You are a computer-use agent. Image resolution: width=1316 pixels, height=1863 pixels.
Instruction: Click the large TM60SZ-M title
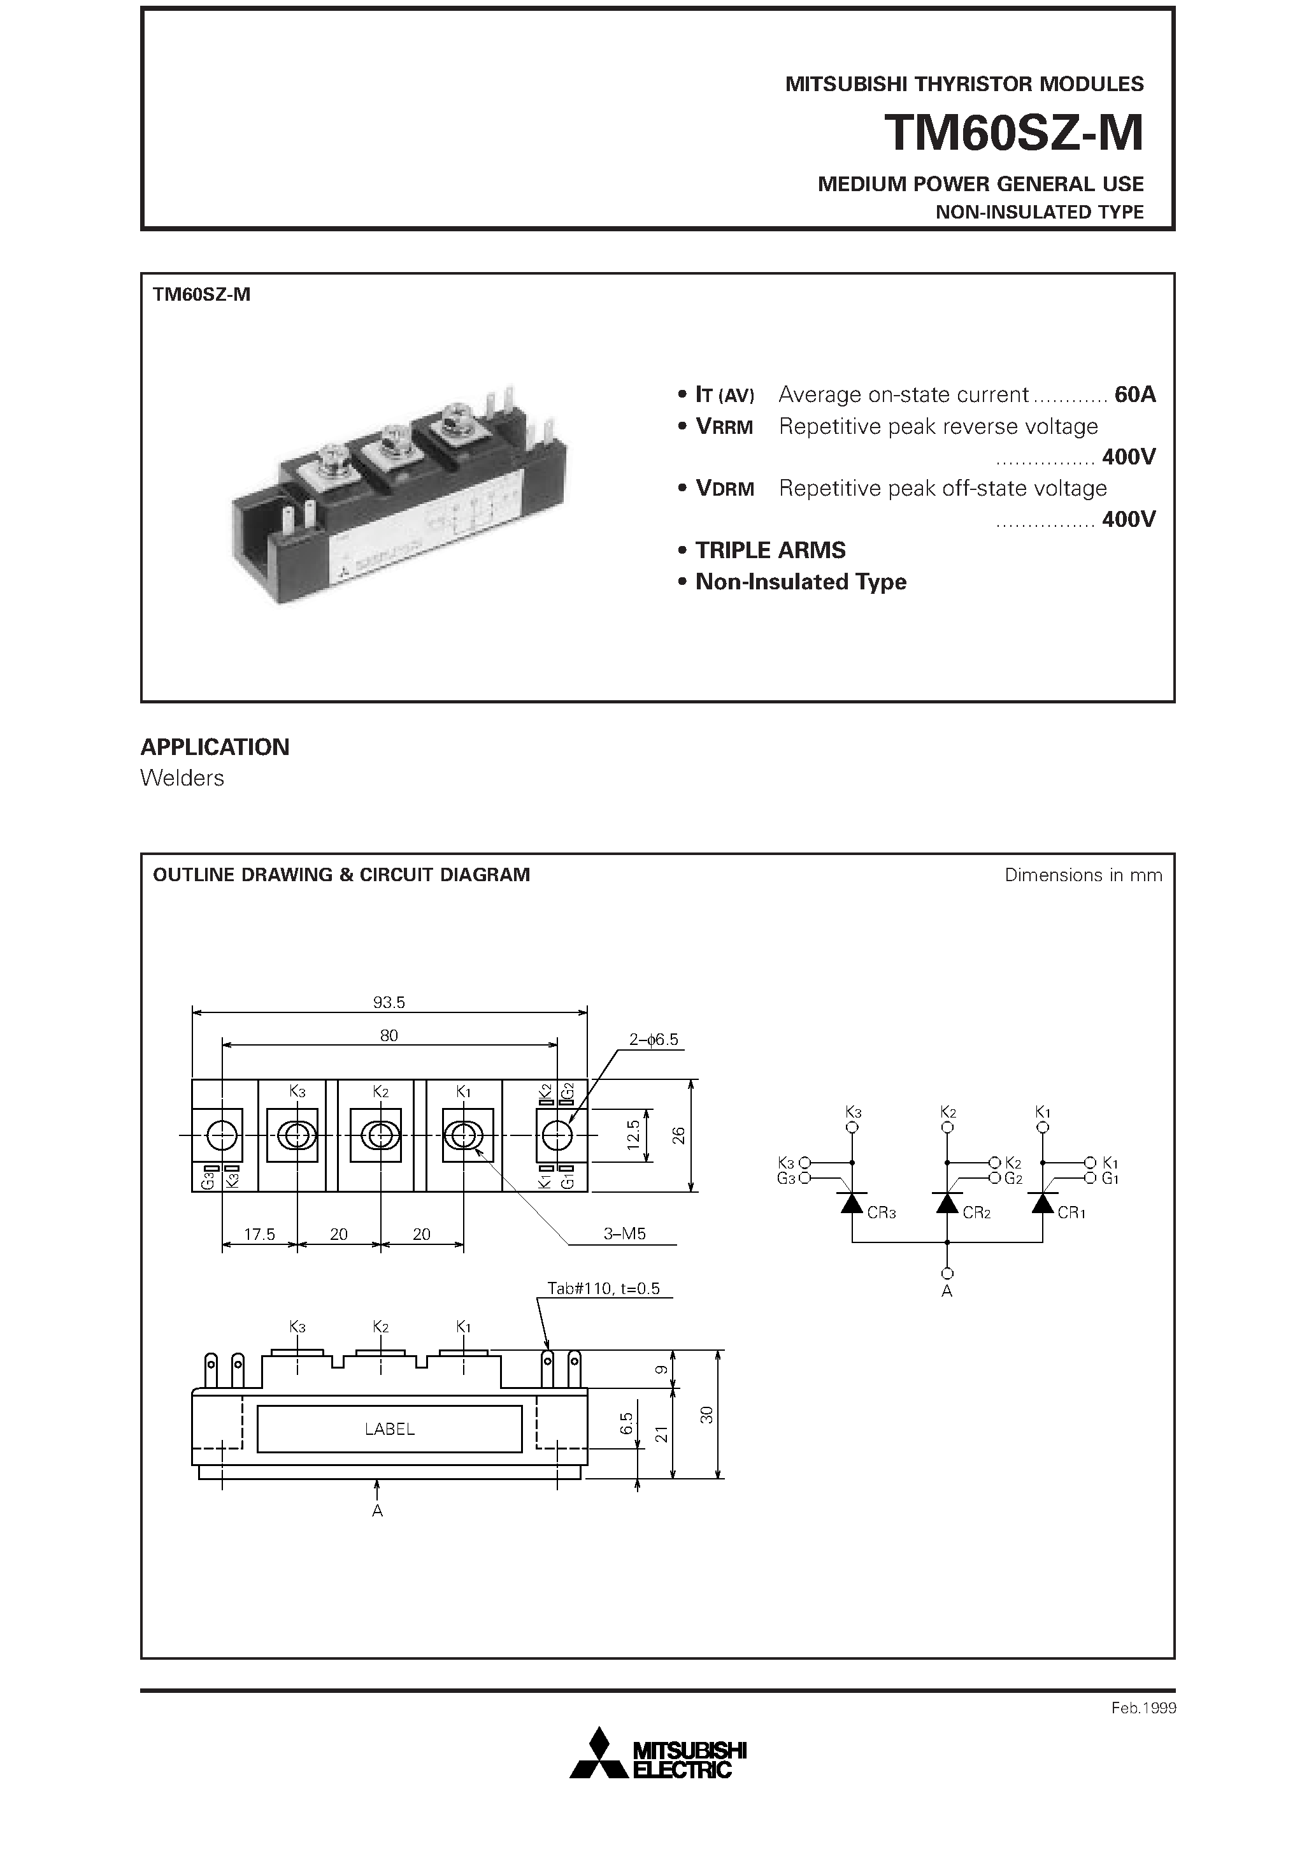pyautogui.click(x=1013, y=133)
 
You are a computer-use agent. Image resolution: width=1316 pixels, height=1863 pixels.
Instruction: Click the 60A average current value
pyautogui.click(x=1134, y=394)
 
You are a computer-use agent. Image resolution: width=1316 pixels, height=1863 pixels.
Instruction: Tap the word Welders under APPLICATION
pyautogui.click(x=182, y=777)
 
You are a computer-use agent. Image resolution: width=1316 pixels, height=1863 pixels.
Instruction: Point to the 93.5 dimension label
pyautogui.click(x=389, y=1002)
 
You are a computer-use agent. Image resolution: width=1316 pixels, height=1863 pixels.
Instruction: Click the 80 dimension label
pyautogui.click(x=389, y=1035)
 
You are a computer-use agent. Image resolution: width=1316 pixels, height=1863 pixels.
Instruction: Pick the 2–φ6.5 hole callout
pyautogui.click(x=653, y=1039)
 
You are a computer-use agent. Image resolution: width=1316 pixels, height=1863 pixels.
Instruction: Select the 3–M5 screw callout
pyautogui.click(x=624, y=1234)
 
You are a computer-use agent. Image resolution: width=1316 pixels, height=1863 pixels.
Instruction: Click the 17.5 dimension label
pyautogui.click(x=260, y=1234)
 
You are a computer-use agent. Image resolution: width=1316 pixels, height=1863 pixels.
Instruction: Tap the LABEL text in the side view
pyautogui.click(x=389, y=1429)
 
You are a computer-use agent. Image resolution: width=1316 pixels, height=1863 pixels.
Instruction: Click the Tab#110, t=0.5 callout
pyautogui.click(x=604, y=1288)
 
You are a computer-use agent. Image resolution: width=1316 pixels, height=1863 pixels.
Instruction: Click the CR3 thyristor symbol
pyautogui.click(x=852, y=1204)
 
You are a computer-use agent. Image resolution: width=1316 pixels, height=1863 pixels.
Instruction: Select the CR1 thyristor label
pyautogui.click(x=1071, y=1212)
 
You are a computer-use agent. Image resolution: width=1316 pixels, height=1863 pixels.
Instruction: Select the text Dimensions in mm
pyautogui.click(x=1082, y=875)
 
